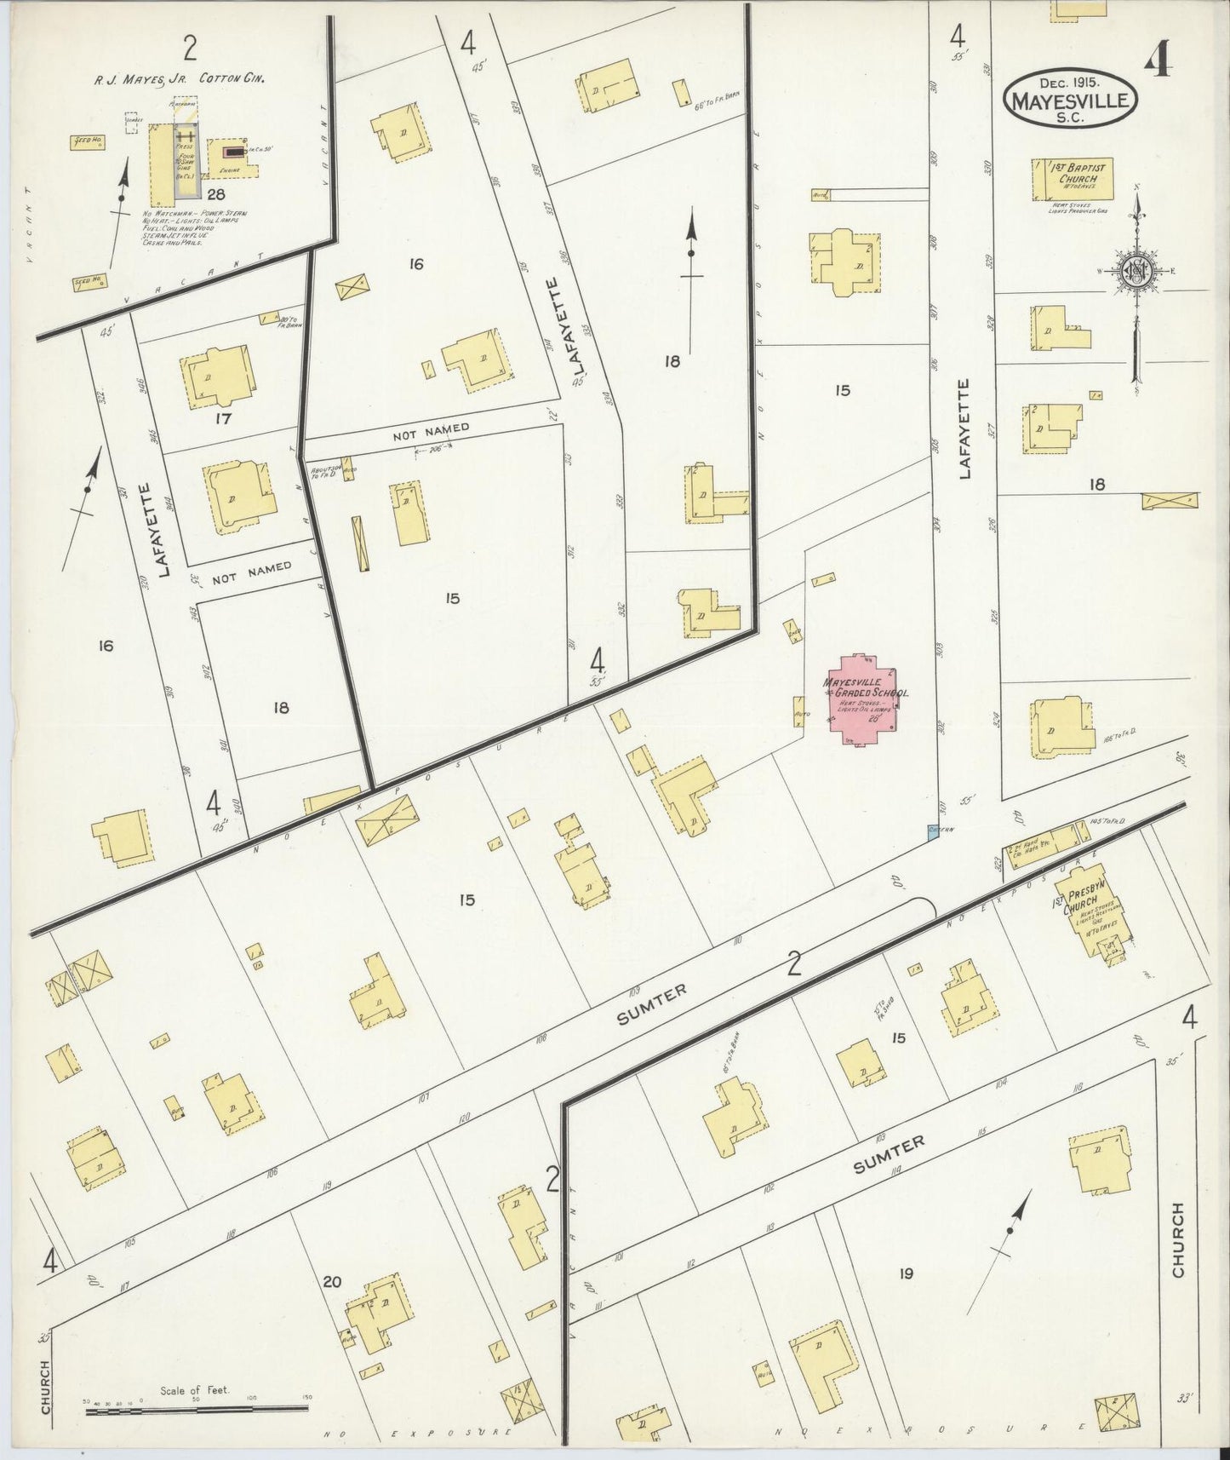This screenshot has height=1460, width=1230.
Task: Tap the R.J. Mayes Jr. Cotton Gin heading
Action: pyautogui.click(x=180, y=78)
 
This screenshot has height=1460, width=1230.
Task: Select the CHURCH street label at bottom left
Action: pyautogui.click(x=45, y=1386)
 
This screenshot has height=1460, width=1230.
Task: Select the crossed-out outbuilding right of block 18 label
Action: pyautogui.click(x=1170, y=501)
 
